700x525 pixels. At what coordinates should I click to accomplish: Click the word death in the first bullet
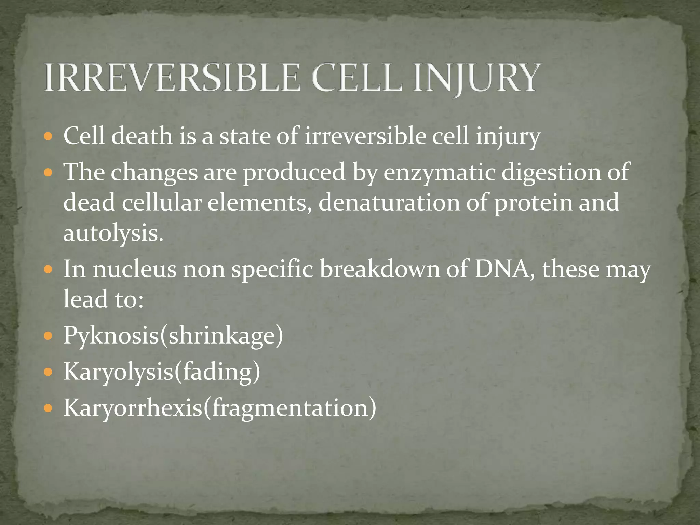[x=142, y=136]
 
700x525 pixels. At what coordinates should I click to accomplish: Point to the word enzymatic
[x=439, y=172]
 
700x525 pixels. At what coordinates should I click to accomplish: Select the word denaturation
[x=389, y=202]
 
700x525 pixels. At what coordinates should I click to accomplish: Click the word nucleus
[x=135, y=269]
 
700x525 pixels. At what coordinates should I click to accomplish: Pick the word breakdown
[x=380, y=269]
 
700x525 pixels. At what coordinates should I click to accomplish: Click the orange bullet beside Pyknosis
[x=48, y=336]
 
